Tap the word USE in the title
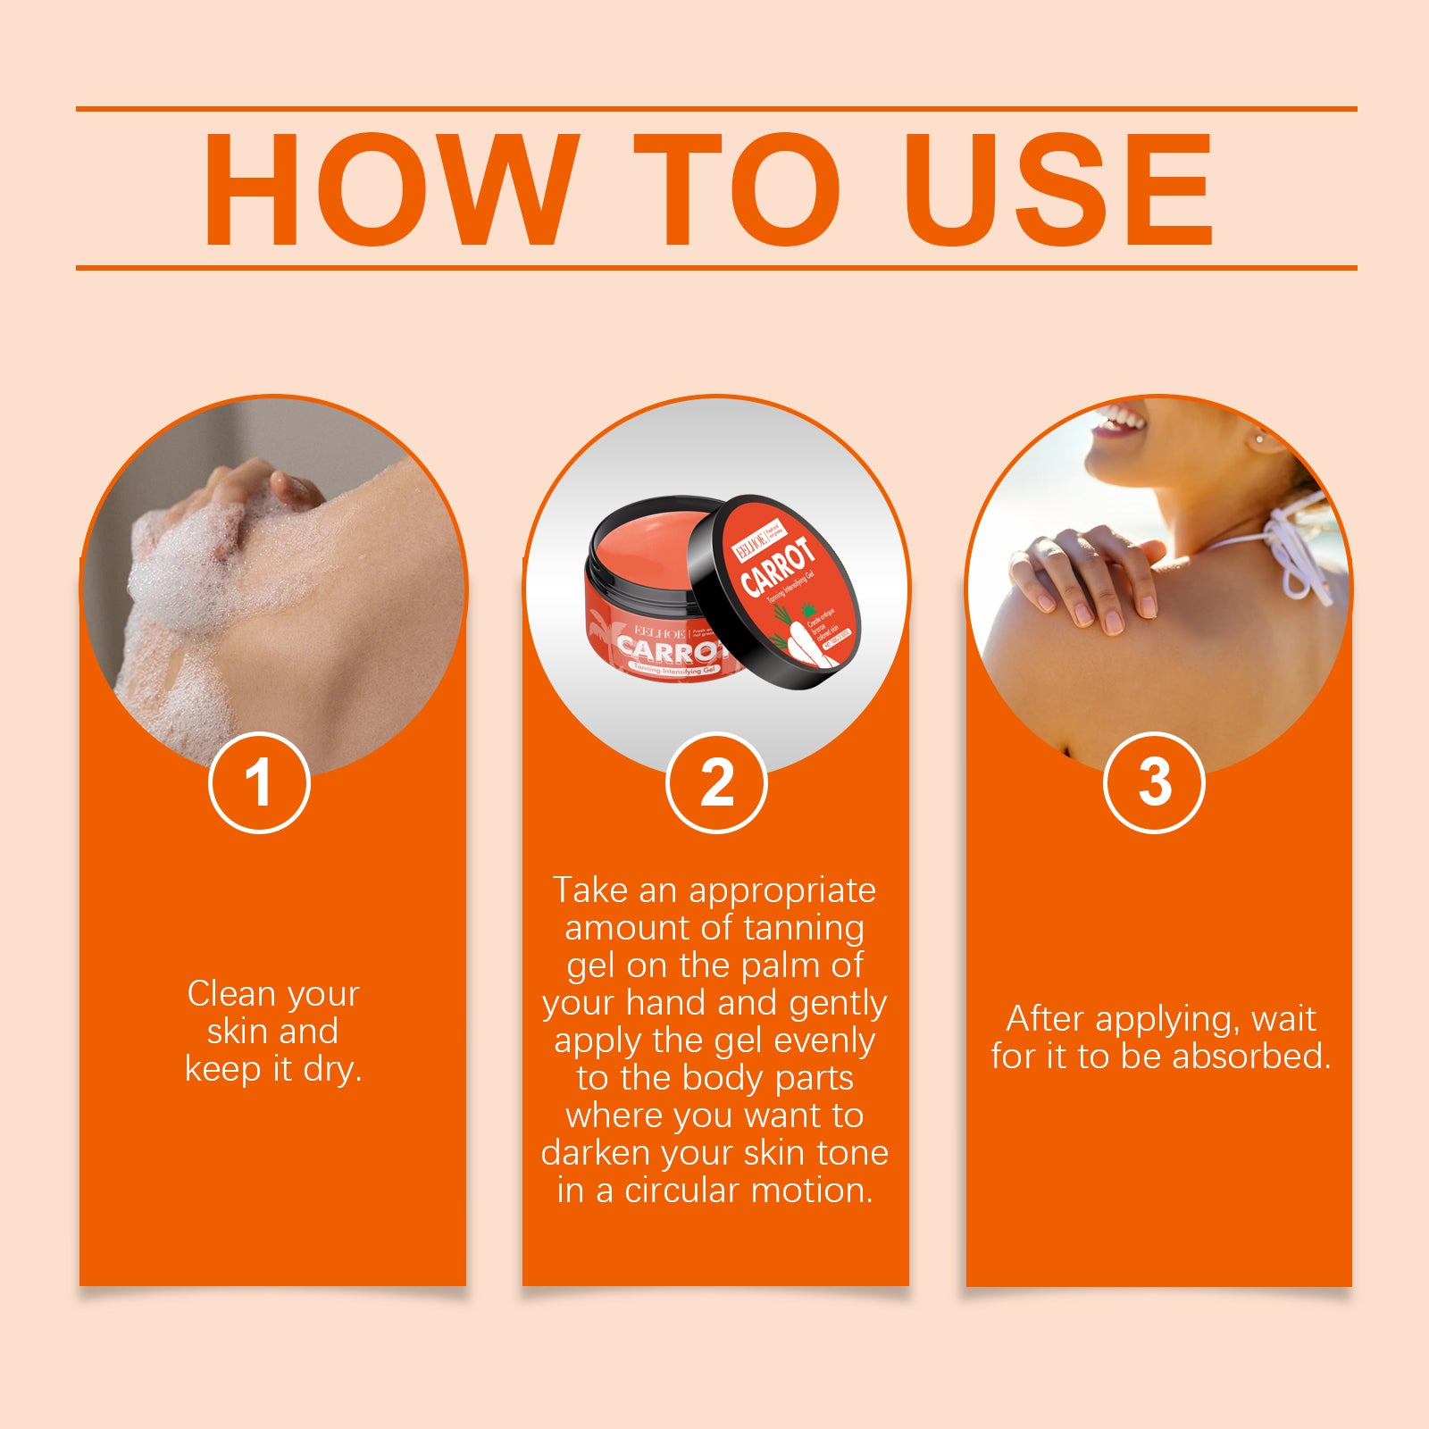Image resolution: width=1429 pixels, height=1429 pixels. click(1058, 189)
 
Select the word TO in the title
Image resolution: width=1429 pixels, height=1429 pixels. click(737, 189)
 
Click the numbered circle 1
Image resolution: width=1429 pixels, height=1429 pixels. click(259, 782)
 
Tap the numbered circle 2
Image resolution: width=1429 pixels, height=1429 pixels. click(716, 782)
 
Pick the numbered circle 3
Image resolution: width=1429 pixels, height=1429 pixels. click(1154, 782)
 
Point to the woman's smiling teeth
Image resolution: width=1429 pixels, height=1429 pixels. click(1121, 420)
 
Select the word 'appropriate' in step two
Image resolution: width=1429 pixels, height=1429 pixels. click(781, 890)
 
